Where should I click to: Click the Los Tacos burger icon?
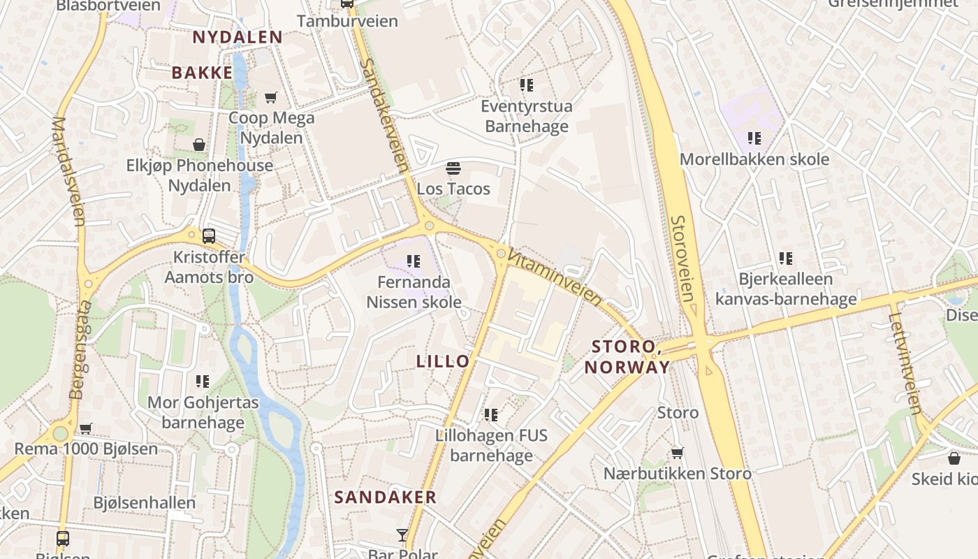tap(453, 168)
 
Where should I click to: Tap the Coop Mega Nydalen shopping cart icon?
tap(271, 98)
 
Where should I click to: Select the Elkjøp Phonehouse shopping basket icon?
tap(199, 145)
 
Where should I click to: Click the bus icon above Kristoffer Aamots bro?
tap(208, 236)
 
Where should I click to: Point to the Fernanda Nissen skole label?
tap(414, 292)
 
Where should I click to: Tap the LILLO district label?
tap(443, 361)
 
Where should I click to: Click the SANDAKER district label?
tap(385, 498)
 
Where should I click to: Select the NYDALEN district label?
tap(238, 37)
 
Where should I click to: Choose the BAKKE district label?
tap(202, 72)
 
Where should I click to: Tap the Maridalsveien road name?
tap(68, 171)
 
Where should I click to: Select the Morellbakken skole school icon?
tap(754, 138)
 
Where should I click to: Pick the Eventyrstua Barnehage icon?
tap(526, 86)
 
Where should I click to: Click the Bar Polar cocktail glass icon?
tap(402, 536)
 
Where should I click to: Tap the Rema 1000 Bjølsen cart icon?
tap(86, 428)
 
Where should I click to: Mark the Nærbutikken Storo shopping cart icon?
tap(677, 453)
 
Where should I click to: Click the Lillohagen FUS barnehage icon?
tap(491, 415)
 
